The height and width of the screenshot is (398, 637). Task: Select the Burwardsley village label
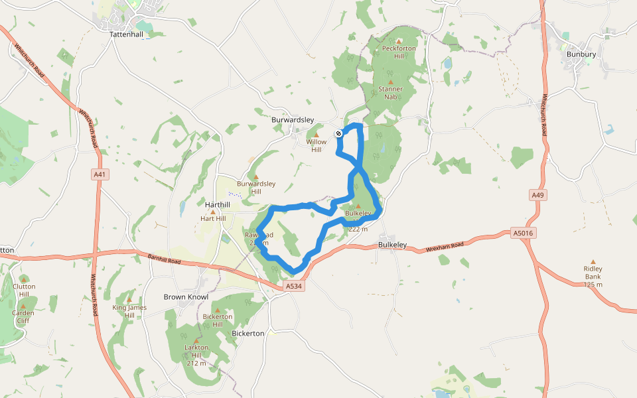pos(292,119)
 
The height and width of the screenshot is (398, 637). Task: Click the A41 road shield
pos(100,174)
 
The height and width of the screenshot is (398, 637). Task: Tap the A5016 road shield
pos(524,233)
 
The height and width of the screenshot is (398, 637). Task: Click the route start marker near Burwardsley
pos(338,133)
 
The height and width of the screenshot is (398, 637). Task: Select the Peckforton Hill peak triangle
pos(398,40)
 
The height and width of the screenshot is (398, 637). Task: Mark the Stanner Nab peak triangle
pos(390,82)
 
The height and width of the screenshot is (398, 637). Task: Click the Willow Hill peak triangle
pos(317,135)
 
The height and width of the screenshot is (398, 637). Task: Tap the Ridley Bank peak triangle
pos(593,262)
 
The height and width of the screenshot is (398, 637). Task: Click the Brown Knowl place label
pos(186,297)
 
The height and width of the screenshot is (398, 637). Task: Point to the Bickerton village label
pos(249,333)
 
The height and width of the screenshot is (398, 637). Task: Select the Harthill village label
pos(218,204)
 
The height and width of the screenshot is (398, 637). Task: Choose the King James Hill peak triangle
pos(129,300)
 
